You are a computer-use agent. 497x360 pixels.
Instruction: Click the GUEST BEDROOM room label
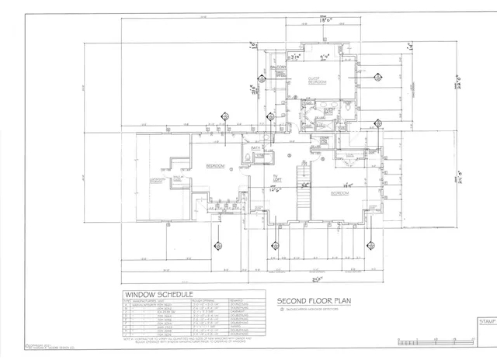(315, 80)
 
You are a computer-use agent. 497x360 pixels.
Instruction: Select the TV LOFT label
(276, 180)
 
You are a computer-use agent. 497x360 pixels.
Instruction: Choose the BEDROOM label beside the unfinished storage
(215, 166)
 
